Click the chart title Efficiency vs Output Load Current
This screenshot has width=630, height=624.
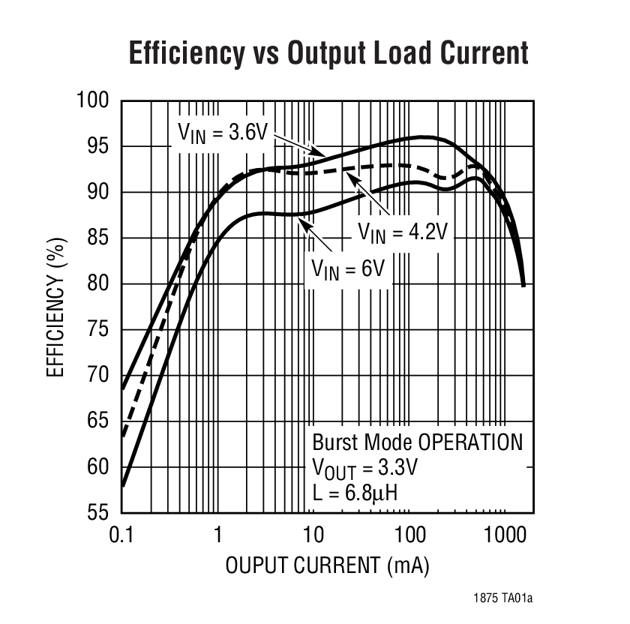tap(328, 53)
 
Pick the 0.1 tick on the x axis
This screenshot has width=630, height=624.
tap(121, 535)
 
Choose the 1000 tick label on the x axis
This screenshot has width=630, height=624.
tap(503, 535)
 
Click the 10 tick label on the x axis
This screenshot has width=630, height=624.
tap(313, 535)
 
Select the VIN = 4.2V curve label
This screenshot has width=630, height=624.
tap(402, 232)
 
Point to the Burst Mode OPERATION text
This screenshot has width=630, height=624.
tap(417, 442)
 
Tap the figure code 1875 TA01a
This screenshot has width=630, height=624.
tap(504, 598)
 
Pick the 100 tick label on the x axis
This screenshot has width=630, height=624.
tap(409, 535)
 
